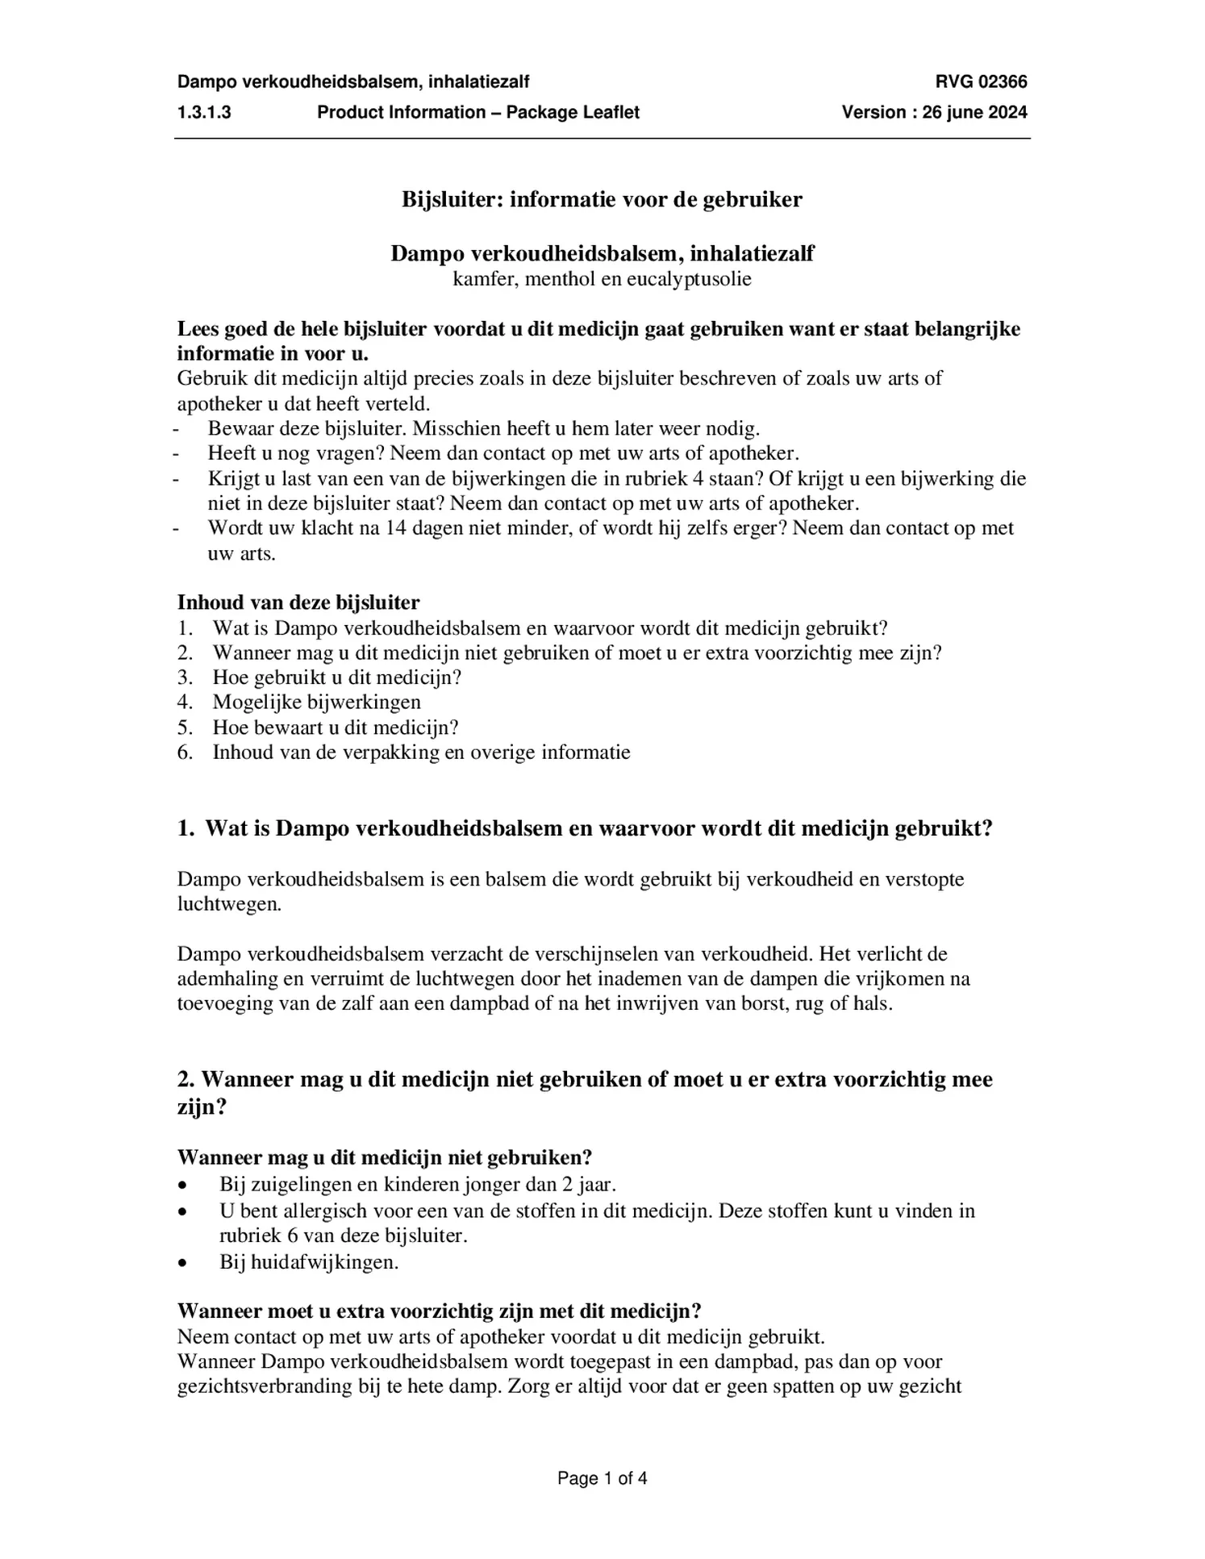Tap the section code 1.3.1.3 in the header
point(204,112)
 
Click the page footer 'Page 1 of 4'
point(602,1478)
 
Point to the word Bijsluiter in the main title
point(452,199)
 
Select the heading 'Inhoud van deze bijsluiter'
point(298,602)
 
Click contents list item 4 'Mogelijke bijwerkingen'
point(316,702)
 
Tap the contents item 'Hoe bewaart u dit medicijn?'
point(335,727)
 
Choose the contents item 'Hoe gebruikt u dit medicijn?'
point(336,677)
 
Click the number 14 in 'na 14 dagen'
point(395,528)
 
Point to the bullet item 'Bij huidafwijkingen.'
point(309,1261)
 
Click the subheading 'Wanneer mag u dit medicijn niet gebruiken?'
point(384,1157)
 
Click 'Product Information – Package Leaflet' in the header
point(477,112)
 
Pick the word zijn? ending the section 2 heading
point(202,1107)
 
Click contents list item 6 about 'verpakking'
point(420,752)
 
